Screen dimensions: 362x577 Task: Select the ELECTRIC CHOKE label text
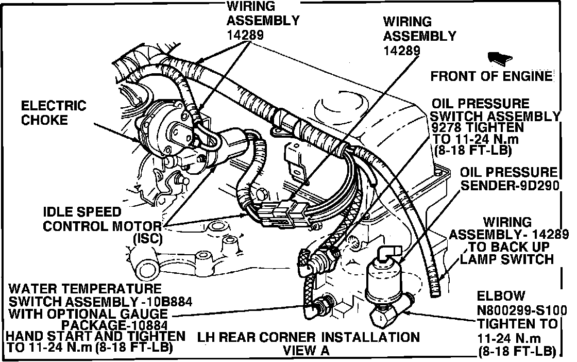click(x=54, y=113)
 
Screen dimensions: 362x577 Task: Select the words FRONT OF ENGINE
click(x=491, y=76)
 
